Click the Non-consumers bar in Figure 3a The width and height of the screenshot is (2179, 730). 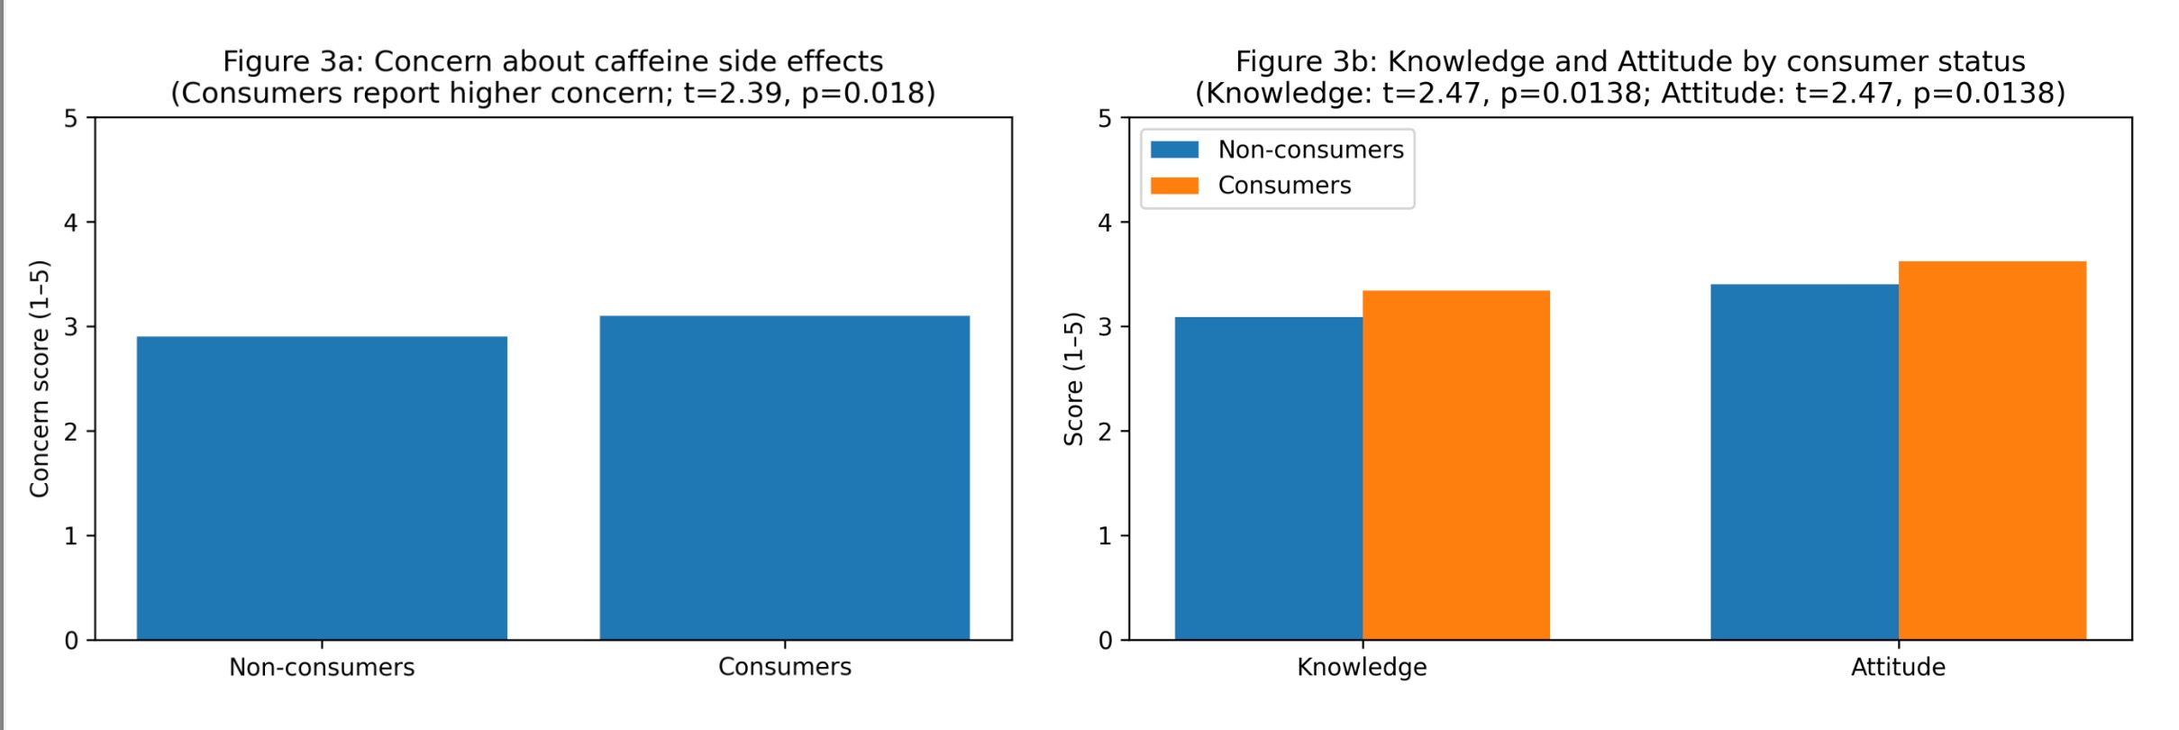tap(322, 488)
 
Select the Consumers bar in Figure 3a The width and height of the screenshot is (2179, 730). tap(784, 478)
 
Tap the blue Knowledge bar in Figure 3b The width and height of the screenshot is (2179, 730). tap(1268, 479)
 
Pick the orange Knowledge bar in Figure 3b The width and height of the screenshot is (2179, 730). tap(1455, 465)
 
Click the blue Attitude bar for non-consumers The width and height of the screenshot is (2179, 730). tap(1803, 462)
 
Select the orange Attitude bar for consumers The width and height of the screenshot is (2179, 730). tap(1992, 451)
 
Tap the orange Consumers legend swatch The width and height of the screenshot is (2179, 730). tap(1174, 186)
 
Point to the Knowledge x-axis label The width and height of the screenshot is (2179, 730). tap(1362, 667)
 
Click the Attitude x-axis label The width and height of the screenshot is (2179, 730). tap(1898, 667)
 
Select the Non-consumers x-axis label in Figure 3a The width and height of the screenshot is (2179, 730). tap(322, 667)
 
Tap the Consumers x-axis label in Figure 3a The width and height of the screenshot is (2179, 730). tap(784, 667)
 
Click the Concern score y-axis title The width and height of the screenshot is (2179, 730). tap(40, 379)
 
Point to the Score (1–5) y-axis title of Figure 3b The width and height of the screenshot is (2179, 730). tap(1073, 379)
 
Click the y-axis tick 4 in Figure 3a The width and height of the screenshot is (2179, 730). tap(71, 223)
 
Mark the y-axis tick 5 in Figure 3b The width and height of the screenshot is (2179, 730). tap(1105, 118)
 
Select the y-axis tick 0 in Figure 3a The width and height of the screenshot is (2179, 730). tap(71, 641)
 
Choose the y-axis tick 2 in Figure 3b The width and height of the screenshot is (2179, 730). tap(1105, 432)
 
